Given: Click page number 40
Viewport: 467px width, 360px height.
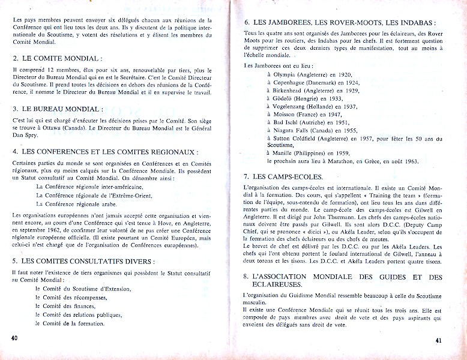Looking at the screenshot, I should click(14, 337).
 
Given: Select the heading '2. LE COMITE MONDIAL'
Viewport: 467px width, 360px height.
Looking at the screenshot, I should click(58, 58).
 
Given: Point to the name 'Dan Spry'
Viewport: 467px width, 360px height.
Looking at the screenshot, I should click(25, 137).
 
